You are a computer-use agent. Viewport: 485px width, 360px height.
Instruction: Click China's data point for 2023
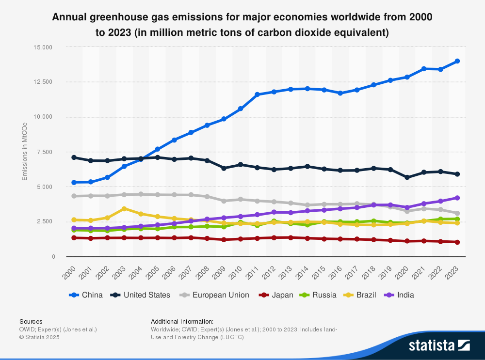point(457,61)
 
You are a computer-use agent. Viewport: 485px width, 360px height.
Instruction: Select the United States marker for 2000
point(74,157)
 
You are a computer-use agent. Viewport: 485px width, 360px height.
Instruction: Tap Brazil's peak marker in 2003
point(124,209)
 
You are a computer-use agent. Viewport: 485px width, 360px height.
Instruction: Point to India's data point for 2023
point(457,198)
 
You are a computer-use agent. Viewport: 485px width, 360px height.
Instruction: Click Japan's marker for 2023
point(457,242)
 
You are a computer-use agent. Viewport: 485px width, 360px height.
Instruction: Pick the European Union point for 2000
point(74,196)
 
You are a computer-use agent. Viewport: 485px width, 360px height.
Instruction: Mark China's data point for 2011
point(257,94)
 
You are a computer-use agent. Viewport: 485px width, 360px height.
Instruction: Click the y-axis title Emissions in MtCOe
point(24,152)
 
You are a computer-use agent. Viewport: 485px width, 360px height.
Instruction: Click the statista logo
point(439,345)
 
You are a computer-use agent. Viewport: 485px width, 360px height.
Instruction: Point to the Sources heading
point(31,321)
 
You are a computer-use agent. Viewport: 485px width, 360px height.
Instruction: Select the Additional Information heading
point(182,321)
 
